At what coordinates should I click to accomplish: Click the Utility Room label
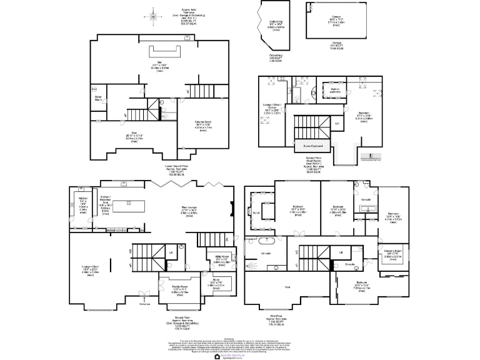[x=221, y=257]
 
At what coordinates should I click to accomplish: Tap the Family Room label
[x=180, y=289]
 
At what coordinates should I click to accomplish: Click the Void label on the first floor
[x=287, y=287]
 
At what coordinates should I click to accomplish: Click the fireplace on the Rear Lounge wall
[x=232, y=210]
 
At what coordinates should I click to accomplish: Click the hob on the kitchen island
[x=129, y=202]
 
